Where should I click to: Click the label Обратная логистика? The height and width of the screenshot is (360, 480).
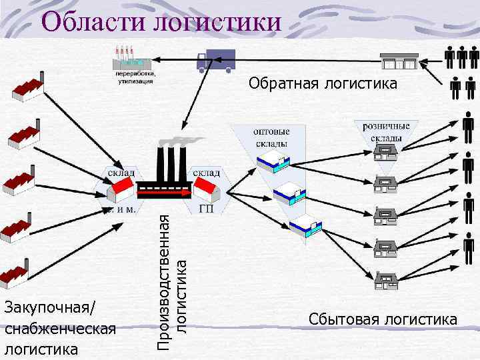click(x=323, y=83)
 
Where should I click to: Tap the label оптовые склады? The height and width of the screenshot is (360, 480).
click(x=271, y=137)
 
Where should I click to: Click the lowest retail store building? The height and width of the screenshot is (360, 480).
click(x=386, y=281)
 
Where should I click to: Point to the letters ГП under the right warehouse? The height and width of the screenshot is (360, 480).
click(x=206, y=209)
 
